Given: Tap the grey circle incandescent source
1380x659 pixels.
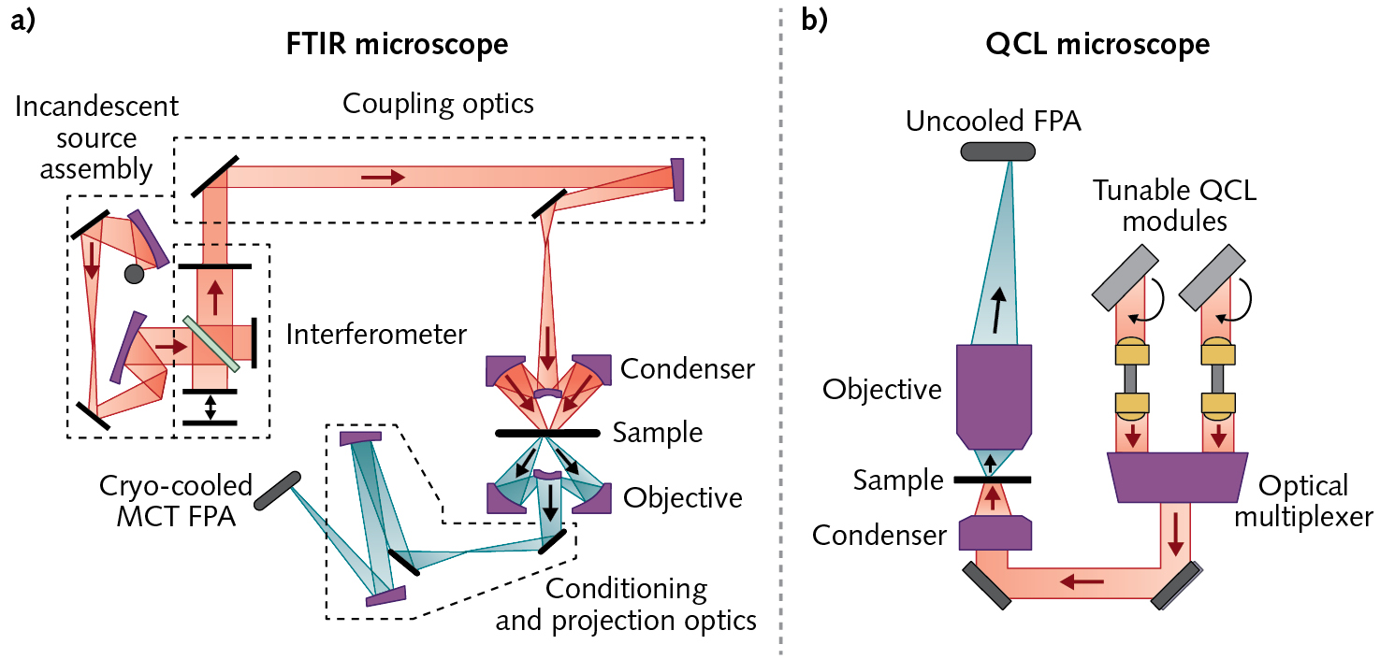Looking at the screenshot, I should point(134,274).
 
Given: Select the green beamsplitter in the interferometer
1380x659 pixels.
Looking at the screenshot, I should point(211,343).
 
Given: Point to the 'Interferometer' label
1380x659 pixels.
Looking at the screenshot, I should point(376,333).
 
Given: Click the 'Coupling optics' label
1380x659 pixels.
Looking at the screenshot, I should point(438,103).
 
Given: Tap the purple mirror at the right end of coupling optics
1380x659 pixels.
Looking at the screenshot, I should point(677,179).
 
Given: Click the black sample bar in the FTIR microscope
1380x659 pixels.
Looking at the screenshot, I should point(547,434).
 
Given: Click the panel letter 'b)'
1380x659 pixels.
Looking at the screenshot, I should point(814,21).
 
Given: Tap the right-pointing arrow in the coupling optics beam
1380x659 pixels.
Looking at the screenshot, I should point(384,176).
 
